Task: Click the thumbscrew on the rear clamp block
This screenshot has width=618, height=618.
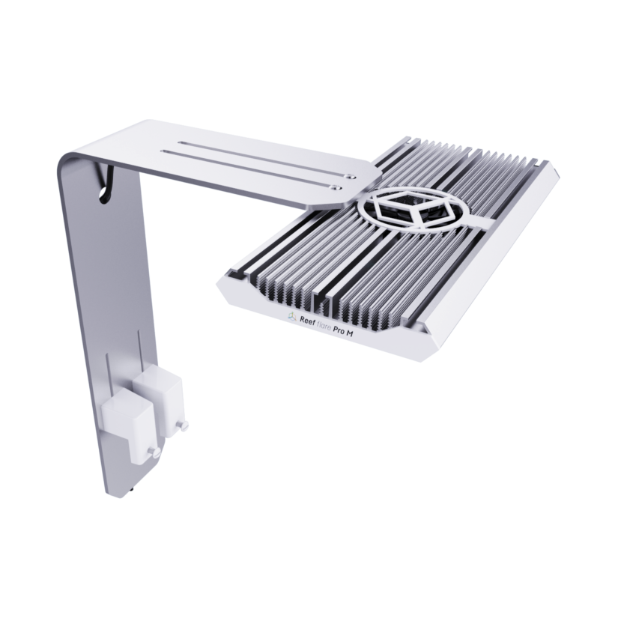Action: [183, 426]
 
